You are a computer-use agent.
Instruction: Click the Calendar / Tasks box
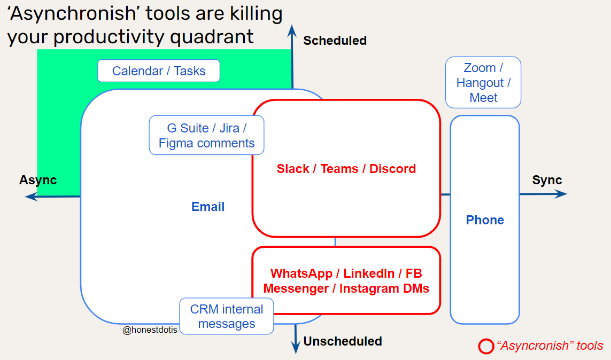[x=159, y=71]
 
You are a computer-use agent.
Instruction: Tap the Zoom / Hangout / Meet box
[x=483, y=82]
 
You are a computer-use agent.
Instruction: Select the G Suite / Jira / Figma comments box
[x=206, y=135]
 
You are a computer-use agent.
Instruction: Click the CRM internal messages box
[x=227, y=316]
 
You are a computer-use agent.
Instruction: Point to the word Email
[x=208, y=207]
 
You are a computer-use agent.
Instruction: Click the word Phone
[x=485, y=220]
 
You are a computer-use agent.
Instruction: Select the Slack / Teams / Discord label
[x=346, y=169]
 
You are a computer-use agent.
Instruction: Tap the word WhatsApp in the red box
[x=301, y=273]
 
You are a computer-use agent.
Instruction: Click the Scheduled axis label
[x=335, y=41]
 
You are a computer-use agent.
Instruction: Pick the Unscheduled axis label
[x=343, y=341]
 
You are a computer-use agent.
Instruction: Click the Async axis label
[x=38, y=180]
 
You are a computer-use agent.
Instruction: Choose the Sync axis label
[x=547, y=180]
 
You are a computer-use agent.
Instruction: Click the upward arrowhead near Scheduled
[x=292, y=30]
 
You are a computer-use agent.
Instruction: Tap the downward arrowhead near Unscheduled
[x=296, y=348]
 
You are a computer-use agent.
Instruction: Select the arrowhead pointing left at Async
[x=31, y=197]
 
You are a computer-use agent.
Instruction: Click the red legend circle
[x=486, y=346]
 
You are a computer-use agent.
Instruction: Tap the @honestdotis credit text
[x=150, y=330]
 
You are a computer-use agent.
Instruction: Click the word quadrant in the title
[x=212, y=37]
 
